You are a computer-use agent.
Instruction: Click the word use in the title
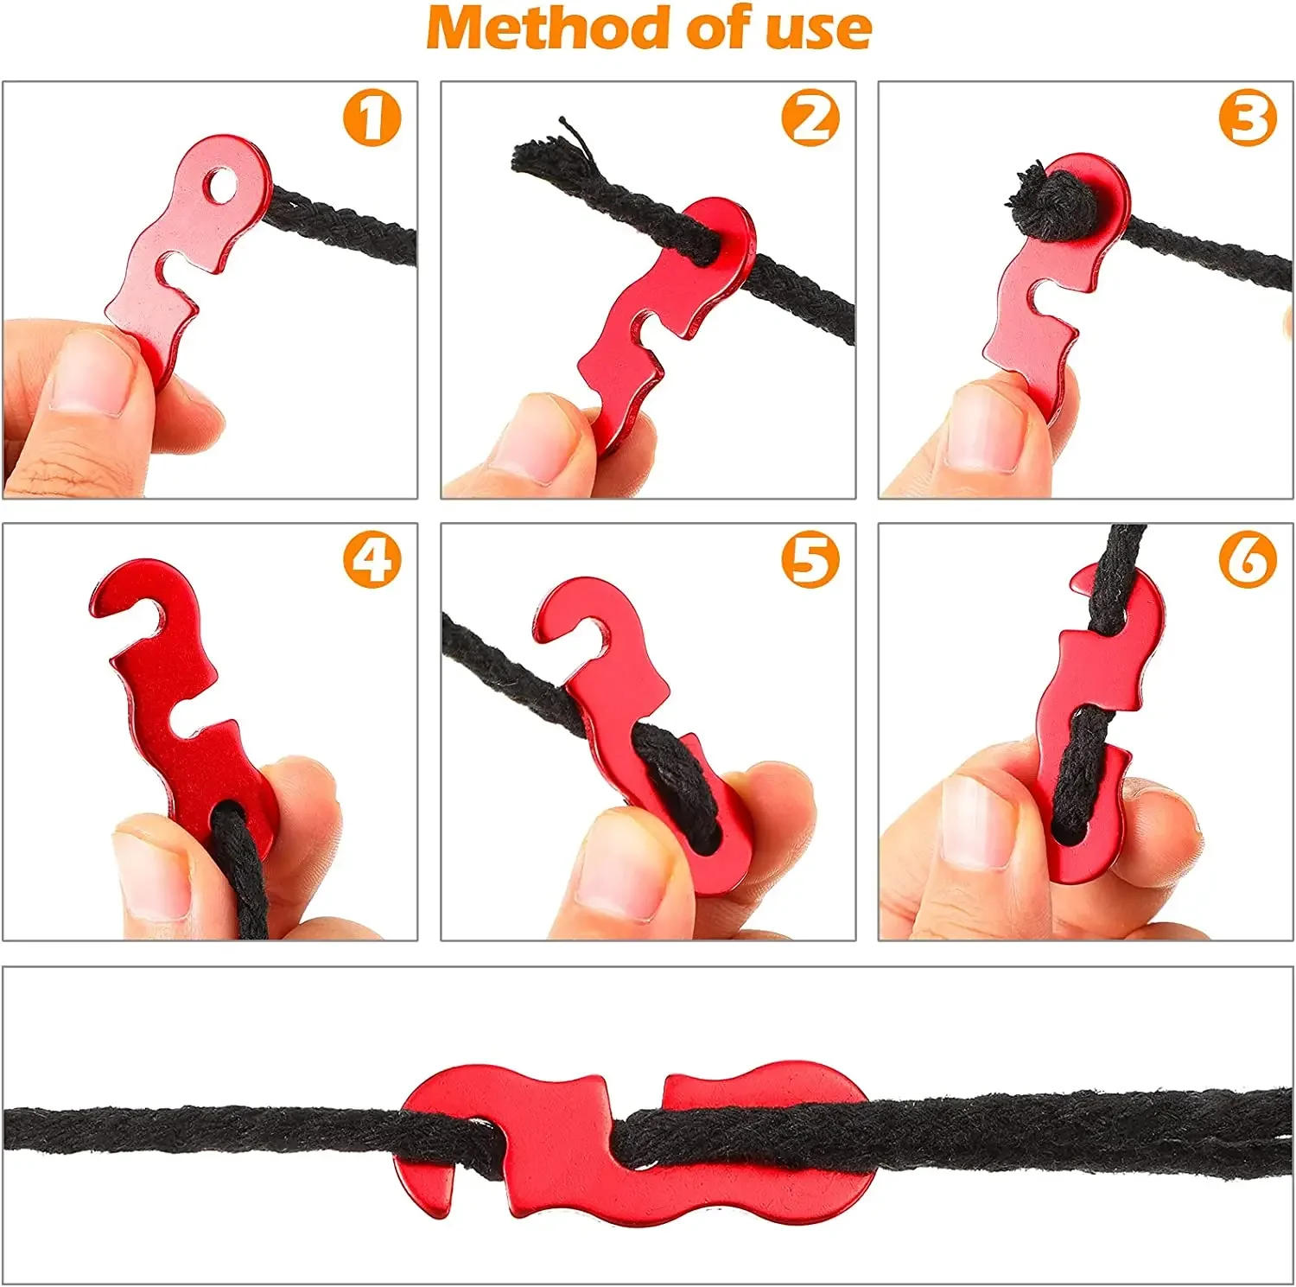(816, 29)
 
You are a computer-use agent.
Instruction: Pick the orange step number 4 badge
(372, 559)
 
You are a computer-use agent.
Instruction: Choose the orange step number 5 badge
(810, 559)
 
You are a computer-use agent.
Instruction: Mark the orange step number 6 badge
(1248, 559)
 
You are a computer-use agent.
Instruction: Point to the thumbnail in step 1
(91, 372)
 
